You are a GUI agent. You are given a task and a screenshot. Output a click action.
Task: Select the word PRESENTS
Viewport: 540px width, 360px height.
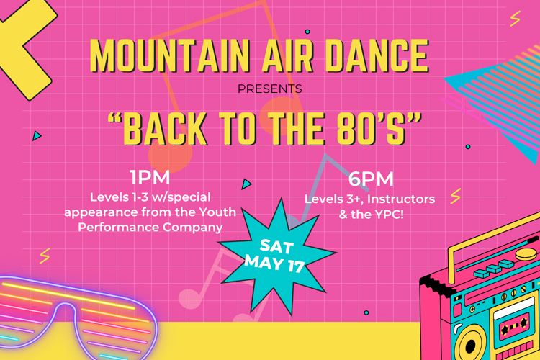[x=270, y=89]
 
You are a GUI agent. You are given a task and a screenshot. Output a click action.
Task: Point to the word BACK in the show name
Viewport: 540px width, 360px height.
[x=166, y=129]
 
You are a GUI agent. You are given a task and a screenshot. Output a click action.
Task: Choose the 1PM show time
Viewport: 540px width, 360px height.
[x=150, y=177]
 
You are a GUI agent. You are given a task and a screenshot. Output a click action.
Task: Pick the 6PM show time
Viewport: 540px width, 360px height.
[x=371, y=179]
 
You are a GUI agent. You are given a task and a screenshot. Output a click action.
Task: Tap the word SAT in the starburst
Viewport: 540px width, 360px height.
[x=276, y=246]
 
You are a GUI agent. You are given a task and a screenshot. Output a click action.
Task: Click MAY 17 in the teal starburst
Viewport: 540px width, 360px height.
[x=274, y=264]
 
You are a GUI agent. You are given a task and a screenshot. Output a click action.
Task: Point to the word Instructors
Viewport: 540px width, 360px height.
[x=401, y=199]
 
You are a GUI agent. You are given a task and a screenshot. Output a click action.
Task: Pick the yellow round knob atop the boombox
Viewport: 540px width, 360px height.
[x=526, y=254]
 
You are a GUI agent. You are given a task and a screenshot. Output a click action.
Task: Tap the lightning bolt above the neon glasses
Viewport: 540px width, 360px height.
[x=45, y=256]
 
